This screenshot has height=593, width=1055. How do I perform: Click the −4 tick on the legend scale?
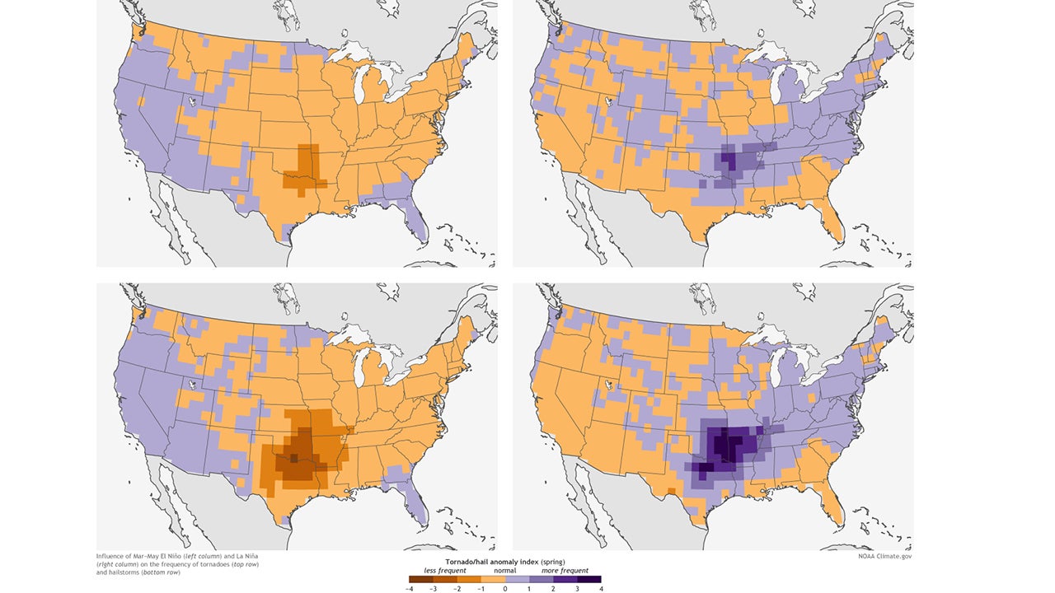tap(410, 588)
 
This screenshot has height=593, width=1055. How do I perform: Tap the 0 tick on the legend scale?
tap(505, 588)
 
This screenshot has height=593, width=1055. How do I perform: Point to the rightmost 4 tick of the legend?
tap(601, 588)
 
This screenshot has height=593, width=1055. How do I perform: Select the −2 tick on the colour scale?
tap(457, 588)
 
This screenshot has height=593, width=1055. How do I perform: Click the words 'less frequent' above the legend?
tap(445, 570)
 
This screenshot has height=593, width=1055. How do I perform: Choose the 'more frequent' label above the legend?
tap(565, 570)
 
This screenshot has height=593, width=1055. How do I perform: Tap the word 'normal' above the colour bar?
tap(505, 570)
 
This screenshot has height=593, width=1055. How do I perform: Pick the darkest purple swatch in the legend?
tap(588, 579)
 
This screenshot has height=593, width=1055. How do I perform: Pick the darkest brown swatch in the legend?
tap(421, 579)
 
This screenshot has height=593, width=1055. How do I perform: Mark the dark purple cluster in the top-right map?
tap(729, 156)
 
